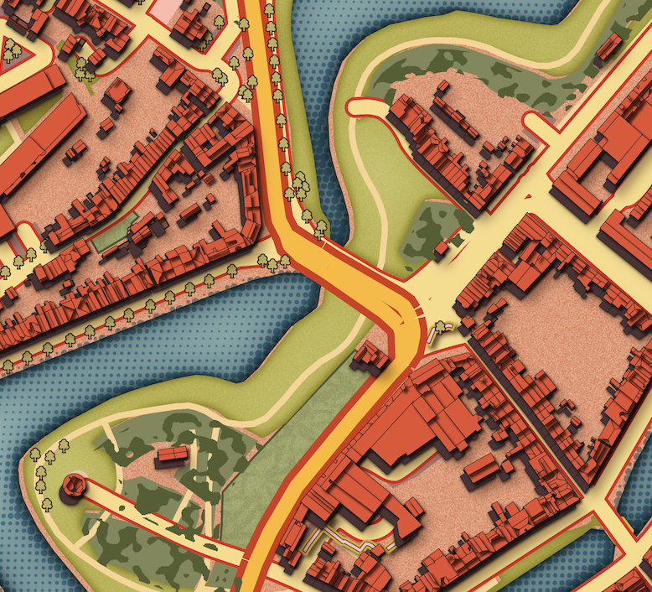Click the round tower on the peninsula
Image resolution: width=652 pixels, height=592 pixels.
tap(74, 485)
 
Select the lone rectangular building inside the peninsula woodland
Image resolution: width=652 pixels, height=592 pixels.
tap(172, 454)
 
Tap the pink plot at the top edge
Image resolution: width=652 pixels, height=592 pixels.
tap(168, 8)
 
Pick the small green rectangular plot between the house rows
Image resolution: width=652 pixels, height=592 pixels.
tap(114, 234)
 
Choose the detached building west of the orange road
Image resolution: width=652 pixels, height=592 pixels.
tap(370, 356)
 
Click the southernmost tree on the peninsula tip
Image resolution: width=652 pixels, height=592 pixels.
tap(47, 504)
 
